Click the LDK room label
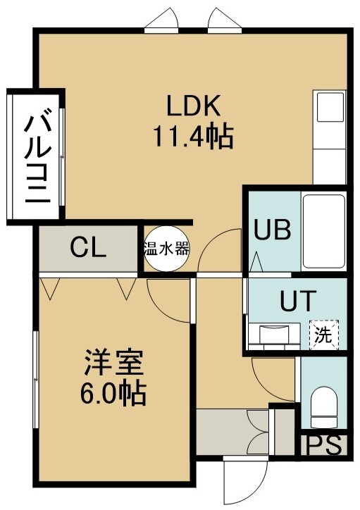tap(194, 105)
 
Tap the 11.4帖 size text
tap(193, 137)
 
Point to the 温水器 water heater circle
tap(166, 249)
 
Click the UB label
tap(272, 230)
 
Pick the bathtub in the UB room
tap(323, 231)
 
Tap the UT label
tap(298, 300)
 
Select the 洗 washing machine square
tap(324, 335)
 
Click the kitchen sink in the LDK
tap(330, 107)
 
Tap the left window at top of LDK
tap(161, 20)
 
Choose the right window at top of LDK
tap(225, 20)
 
